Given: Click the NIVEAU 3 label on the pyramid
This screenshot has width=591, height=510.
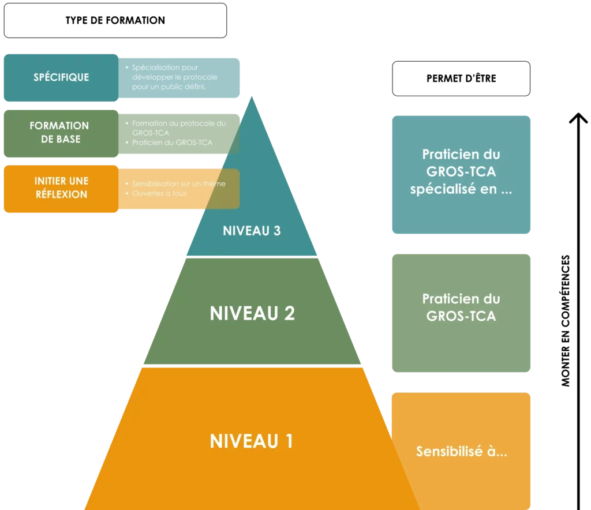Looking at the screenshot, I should coord(252,231).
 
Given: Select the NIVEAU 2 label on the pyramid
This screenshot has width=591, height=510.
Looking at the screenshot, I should coord(252,313).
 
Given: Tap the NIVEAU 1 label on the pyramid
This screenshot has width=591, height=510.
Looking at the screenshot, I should coord(252,441).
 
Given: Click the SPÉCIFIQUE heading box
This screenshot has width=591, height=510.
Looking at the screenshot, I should coord(61,77).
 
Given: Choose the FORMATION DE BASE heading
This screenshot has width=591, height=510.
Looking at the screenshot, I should coord(59,132).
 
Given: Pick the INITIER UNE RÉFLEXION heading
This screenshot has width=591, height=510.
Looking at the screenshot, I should coord(61,188).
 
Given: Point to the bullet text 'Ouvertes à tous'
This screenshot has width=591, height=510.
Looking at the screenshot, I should coord(159,193).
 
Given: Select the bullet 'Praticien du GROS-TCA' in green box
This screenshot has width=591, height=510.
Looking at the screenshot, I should coord(172,142).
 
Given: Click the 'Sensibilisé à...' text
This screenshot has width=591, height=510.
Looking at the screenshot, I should coord(462,452).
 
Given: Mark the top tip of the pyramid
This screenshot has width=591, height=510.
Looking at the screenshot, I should coord(252,96).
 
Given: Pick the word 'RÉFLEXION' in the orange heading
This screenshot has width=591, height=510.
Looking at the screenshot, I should coord(61,194).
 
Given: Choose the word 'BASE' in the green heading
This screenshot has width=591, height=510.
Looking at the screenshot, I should coord(69,139).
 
